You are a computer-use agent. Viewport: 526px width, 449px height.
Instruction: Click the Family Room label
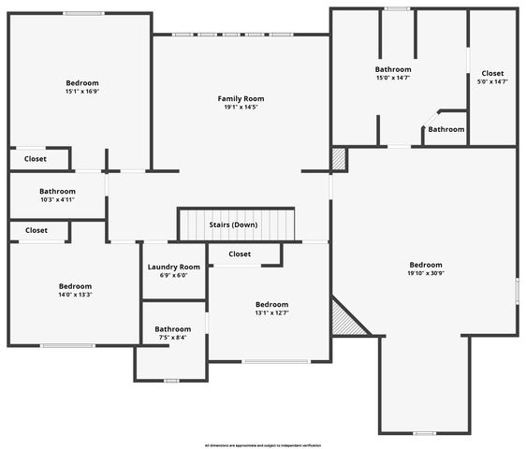(241, 98)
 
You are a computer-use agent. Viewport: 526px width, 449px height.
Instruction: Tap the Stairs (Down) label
(233, 224)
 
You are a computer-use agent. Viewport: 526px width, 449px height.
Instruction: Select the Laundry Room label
(174, 267)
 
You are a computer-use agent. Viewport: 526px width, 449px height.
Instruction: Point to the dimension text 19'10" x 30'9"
(425, 274)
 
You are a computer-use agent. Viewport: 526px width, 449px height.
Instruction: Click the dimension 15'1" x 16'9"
(82, 92)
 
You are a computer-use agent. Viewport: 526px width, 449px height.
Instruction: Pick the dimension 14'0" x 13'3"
(75, 295)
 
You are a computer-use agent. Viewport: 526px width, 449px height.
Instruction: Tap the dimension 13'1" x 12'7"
(271, 313)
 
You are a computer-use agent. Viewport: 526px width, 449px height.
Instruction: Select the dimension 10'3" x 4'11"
(57, 199)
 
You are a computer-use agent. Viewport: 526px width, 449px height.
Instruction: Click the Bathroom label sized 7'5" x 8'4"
(173, 328)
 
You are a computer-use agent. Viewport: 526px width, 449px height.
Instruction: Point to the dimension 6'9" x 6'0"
(174, 275)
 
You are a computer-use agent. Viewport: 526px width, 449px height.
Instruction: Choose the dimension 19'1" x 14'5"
(241, 107)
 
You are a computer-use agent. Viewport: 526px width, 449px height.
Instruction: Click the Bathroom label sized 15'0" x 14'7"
(393, 69)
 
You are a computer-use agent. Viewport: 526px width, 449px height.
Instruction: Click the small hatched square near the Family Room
(339, 159)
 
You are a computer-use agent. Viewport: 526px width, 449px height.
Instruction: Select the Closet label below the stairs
(240, 253)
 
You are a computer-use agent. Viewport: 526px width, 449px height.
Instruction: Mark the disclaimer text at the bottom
(263, 445)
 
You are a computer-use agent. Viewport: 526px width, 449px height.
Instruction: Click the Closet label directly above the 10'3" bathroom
(36, 159)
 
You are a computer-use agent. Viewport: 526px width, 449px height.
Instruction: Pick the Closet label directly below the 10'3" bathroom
(37, 230)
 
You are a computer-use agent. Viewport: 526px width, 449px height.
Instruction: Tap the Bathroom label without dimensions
(446, 129)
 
